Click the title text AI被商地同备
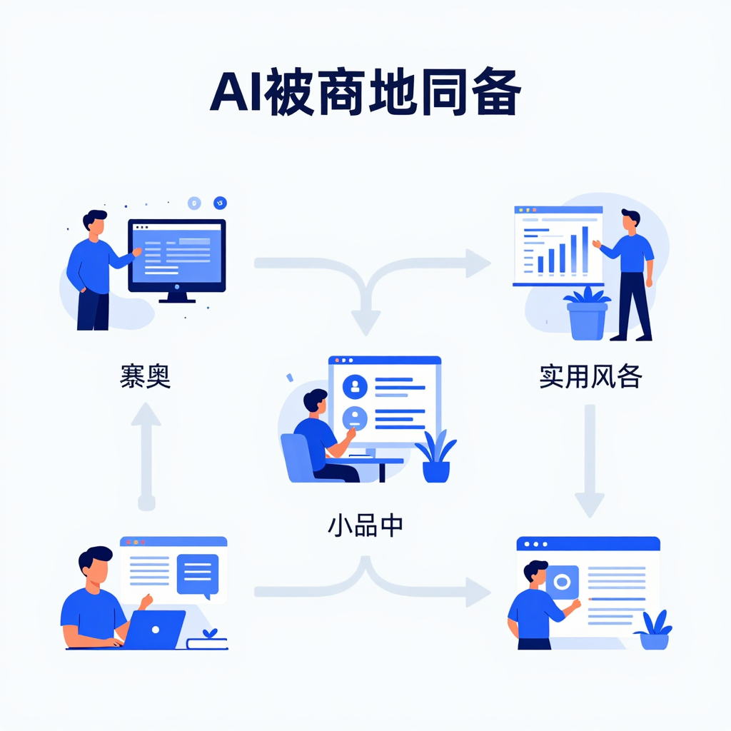point(365,94)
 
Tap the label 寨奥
point(145,375)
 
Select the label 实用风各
point(590,375)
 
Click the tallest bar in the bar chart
point(585,249)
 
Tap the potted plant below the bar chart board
point(587,315)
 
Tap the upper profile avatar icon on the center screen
point(355,386)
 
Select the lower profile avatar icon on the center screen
point(355,418)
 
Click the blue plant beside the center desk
point(436,457)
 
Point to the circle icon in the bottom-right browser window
point(561,582)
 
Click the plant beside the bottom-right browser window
point(653,630)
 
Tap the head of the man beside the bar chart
point(630,220)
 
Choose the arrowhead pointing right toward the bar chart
point(478,263)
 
